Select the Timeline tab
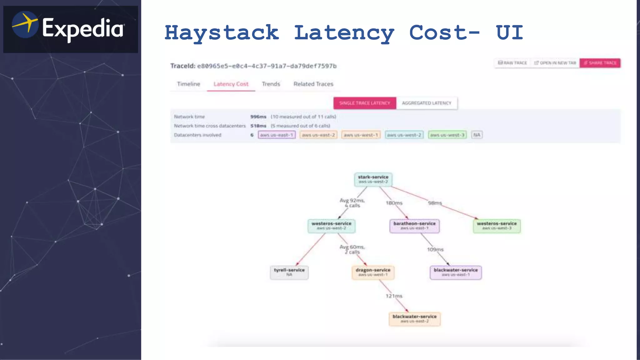pyautogui.click(x=188, y=84)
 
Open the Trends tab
pyautogui.click(x=271, y=84)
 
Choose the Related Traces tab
pyautogui.click(x=313, y=84)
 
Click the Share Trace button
pyautogui.click(x=600, y=63)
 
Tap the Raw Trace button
pyautogui.click(x=512, y=63)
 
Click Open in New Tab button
pyautogui.click(x=555, y=63)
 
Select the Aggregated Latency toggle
pyautogui.click(x=427, y=103)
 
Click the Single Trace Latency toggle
pyautogui.click(x=365, y=103)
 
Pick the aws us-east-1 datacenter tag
pyautogui.click(x=277, y=135)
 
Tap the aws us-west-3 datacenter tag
pyautogui.click(x=447, y=135)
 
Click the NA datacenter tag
pyautogui.click(x=477, y=135)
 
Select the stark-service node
pyautogui.click(x=373, y=179)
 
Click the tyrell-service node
pyautogui.click(x=289, y=272)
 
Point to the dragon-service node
pyautogui.click(x=373, y=272)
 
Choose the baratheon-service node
pyautogui.click(x=414, y=226)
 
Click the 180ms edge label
pyautogui.click(x=394, y=203)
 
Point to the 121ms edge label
pyautogui.click(x=394, y=296)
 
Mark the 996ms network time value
pyautogui.click(x=258, y=117)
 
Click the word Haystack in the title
pyautogui.click(x=222, y=33)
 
